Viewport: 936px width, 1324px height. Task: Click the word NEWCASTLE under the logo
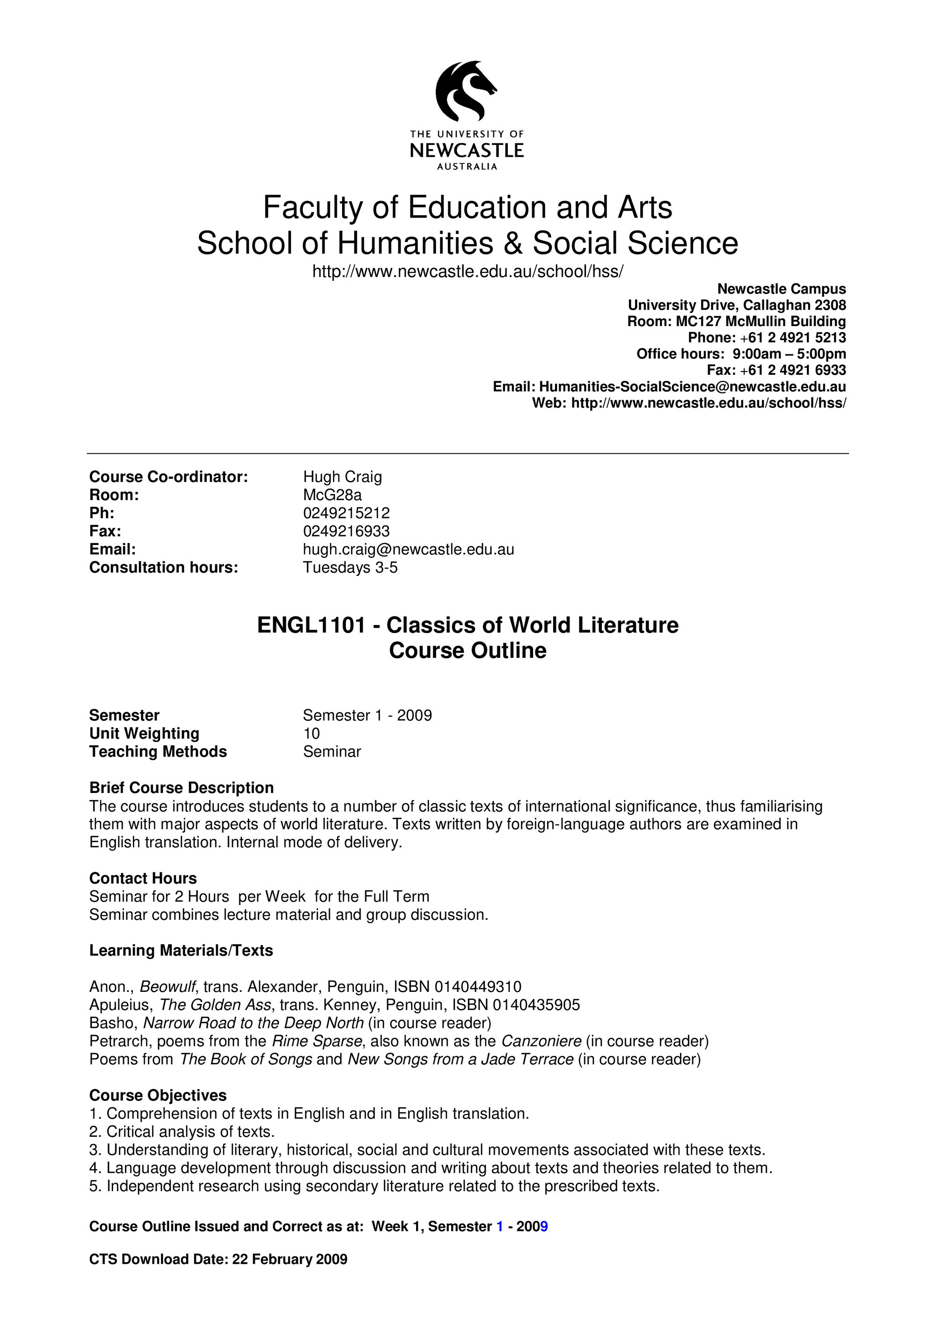[467, 151]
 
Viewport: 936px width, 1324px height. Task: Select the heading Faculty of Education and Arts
[467, 208]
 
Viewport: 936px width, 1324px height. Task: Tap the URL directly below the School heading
[467, 271]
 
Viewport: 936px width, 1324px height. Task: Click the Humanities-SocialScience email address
[692, 386]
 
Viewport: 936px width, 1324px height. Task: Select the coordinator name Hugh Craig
[343, 477]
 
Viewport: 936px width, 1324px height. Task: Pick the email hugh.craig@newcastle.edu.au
[408, 549]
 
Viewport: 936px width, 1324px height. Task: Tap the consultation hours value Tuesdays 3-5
[350, 567]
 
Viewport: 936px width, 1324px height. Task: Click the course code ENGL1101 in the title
[311, 625]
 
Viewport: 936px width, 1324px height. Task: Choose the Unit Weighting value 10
[311, 734]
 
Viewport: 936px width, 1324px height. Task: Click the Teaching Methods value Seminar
[332, 751]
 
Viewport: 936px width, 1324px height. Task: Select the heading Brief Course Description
[181, 788]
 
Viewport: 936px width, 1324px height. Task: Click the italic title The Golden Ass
[214, 1005]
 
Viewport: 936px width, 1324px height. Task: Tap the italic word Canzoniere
[541, 1041]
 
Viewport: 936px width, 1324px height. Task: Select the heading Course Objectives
[157, 1095]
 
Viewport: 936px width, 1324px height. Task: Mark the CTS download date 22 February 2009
[290, 1259]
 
